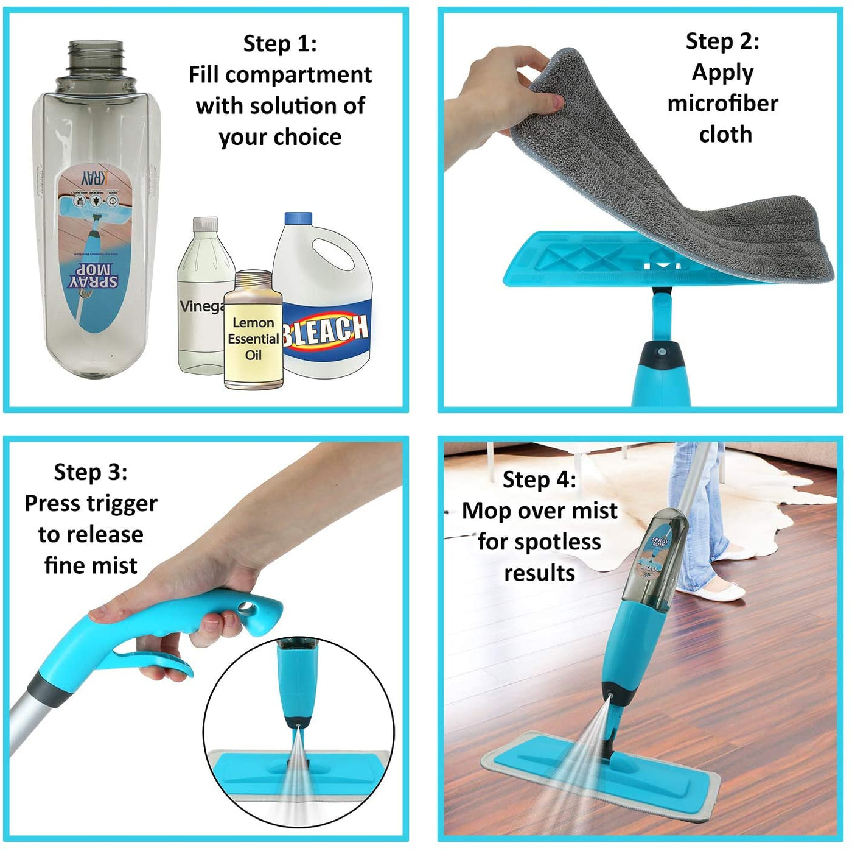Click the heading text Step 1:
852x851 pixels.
[280, 44]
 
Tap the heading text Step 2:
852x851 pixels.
[722, 41]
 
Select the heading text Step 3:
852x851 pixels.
[91, 472]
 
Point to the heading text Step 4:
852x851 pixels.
[539, 480]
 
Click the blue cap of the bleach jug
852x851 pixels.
[298, 218]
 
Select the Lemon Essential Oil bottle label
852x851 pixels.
[253, 339]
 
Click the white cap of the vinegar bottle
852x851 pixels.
[206, 224]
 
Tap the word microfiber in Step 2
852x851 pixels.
[722, 104]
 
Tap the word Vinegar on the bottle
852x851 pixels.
[200, 306]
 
